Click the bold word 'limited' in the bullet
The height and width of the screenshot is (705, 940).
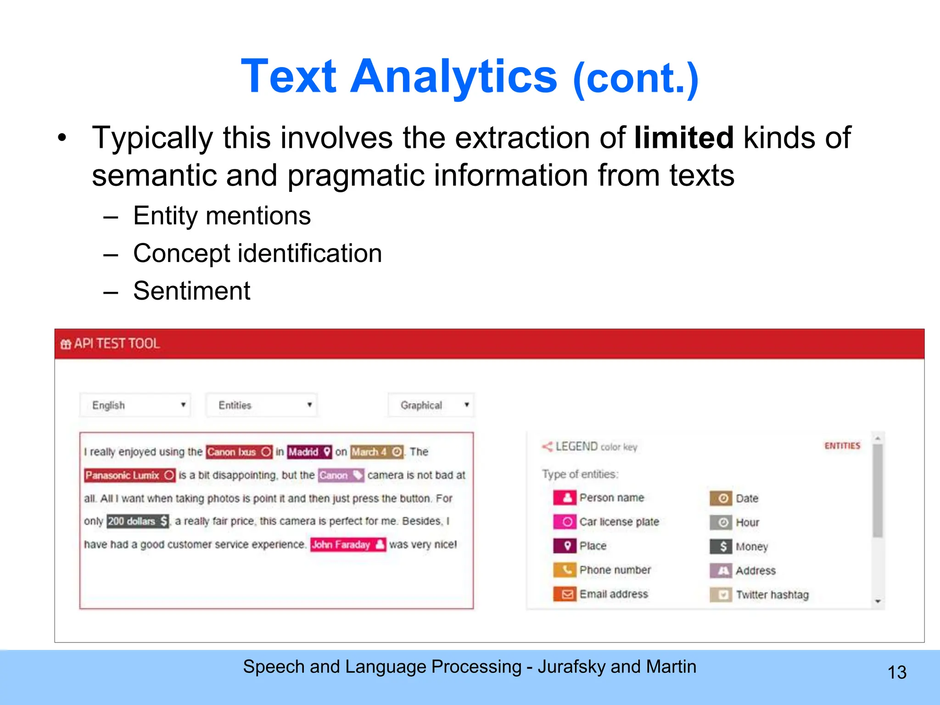[x=684, y=138]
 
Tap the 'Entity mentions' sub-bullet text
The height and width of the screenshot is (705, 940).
[x=222, y=216]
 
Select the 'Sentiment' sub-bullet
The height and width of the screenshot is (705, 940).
[x=191, y=291]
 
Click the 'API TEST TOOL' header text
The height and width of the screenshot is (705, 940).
[x=117, y=344]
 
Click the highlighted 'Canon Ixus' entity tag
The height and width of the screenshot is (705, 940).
[x=239, y=452]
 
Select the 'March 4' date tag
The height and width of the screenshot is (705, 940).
[x=377, y=452]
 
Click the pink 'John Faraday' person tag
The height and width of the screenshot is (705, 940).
[x=347, y=545]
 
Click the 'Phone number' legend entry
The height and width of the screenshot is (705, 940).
[x=615, y=570]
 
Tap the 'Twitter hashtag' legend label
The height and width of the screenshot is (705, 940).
[x=772, y=595]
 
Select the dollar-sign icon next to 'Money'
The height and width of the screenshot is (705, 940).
[x=721, y=546]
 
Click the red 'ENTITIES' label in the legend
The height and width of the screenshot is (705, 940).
[x=842, y=446]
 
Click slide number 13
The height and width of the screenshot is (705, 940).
[x=897, y=672]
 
